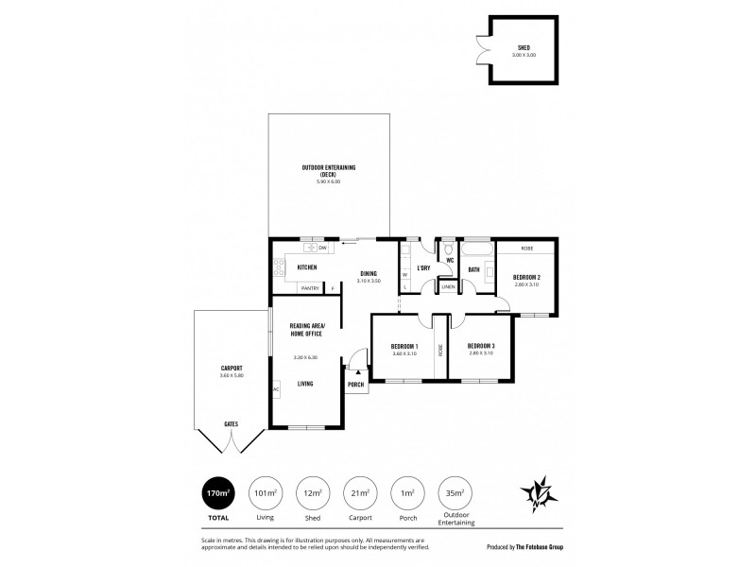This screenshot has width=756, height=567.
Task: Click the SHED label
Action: [x=523, y=47]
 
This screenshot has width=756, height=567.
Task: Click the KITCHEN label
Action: [x=307, y=267]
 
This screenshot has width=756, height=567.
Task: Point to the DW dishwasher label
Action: [x=322, y=248]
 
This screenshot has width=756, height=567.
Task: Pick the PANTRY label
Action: [x=310, y=287]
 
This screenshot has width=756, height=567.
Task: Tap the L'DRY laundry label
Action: [x=423, y=267]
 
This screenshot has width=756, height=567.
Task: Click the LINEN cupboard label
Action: [x=448, y=286]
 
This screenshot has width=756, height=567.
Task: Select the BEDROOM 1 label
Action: [x=404, y=347]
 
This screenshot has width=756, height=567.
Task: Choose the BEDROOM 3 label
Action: [x=481, y=347]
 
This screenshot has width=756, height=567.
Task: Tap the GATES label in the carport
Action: [x=232, y=424]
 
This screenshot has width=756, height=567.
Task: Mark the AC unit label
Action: [x=276, y=389]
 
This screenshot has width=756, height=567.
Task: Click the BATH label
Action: [x=473, y=268]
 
